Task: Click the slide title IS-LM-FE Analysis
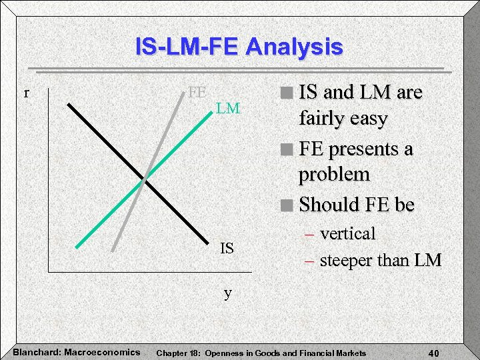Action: pos(239,47)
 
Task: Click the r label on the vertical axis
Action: pos(26,93)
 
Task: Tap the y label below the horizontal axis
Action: pos(228,293)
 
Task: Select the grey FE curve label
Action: pos(196,92)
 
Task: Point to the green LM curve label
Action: pos(227,108)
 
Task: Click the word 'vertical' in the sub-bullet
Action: pos(347,234)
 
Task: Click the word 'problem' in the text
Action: pos(334,175)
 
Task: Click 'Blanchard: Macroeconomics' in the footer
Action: pos(76,351)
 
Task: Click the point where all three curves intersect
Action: pos(145,180)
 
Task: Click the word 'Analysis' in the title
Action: pos(294,47)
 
